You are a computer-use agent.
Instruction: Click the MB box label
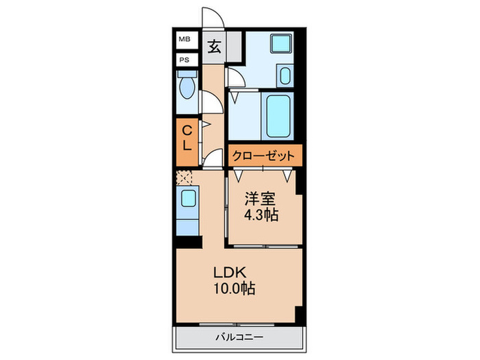pyautogui.click(x=184, y=40)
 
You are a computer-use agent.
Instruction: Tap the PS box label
pyautogui.click(x=184, y=60)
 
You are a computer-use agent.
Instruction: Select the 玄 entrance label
pyautogui.click(x=215, y=47)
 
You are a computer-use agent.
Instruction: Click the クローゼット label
pyautogui.click(x=264, y=156)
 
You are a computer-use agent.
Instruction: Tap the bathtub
pyautogui.click(x=278, y=117)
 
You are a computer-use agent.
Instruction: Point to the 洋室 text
pyautogui.click(x=261, y=200)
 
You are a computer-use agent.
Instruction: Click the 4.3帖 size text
pyautogui.click(x=261, y=214)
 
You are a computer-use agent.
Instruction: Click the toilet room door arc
pyautogui.click(x=212, y=103)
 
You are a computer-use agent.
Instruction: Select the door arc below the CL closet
pyautogui.click(x=213, y=159)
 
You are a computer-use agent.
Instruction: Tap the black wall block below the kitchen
pyautogui.click(x=188, y=241)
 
